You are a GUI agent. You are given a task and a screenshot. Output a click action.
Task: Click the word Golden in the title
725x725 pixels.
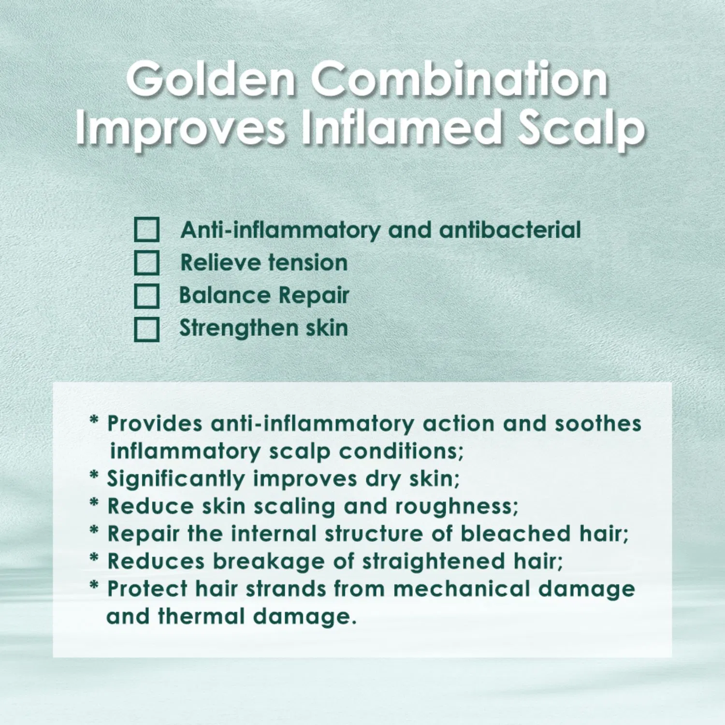(211, 80)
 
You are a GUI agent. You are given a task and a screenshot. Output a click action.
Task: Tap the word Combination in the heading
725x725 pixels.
(460, 80)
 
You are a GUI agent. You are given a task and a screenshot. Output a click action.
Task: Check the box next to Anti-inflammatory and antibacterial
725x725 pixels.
(146, 230)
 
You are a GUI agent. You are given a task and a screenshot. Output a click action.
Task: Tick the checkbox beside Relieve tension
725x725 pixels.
(146, 263)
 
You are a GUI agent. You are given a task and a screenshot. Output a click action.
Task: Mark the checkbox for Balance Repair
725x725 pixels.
(146, 296)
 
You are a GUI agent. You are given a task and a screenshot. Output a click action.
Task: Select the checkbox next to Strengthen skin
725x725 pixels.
(146, 329)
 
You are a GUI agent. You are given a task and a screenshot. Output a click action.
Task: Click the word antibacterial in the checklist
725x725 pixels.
(510, 230)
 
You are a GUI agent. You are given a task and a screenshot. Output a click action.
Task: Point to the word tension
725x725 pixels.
(308, 263)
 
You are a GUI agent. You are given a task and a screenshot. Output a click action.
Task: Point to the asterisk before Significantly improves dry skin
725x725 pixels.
(94, 476)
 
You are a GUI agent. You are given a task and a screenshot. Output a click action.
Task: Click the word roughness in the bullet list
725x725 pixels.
(456, 507)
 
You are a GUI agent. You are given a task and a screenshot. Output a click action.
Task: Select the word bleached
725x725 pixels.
(516, 534)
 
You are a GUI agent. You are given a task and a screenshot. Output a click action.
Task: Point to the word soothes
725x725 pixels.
(598, 424)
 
